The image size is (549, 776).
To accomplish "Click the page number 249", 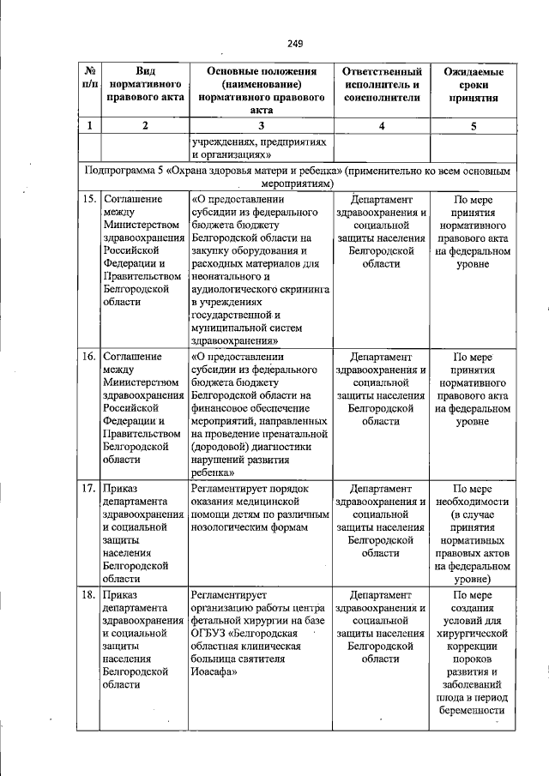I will coord(295,44).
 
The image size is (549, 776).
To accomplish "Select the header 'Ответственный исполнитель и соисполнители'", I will coord(382,85).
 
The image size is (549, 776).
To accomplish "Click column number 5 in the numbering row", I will coord(474,126).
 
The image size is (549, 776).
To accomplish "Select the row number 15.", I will coord(88,200).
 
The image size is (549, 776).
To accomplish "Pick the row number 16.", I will coord(88,355).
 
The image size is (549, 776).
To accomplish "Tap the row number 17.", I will coord(88,489).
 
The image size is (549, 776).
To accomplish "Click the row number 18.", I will coord(88,595).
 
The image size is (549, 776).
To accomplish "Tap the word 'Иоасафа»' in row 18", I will coord(214,673).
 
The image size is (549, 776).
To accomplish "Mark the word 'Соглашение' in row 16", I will coord(131,355).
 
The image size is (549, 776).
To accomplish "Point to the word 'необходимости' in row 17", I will coord(474,502).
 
